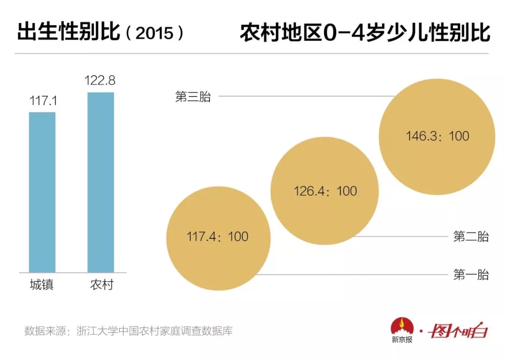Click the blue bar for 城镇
[x=42, y=192]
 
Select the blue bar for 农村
[x=101, y=182]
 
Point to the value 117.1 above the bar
[x=42, y=100]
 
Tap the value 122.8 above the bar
[x=100, y=81]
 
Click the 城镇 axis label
[x=42, y=285]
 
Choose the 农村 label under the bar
[x=101, y=285]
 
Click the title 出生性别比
[x=68, y=33]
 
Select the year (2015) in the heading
[x=155, y=34]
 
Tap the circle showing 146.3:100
[x=437, y=136]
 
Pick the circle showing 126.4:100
[x=325, y=191]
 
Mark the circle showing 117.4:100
[x=218, y=237]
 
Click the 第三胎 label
[x=193, y=97]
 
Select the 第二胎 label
[x=471, y=237]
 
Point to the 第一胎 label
[x=471, y=275]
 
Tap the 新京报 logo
[x=402, y=331]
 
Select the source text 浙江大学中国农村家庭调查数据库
[x=157, y=331]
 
